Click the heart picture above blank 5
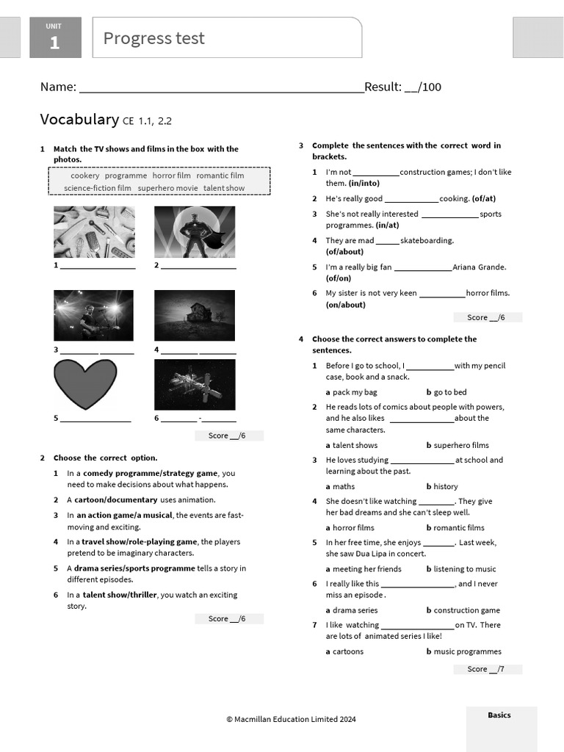pos(85,384)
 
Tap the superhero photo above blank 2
pos(195,231)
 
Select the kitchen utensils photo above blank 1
pos(94,231)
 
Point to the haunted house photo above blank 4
pos(195,315)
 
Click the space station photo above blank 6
pos(195,384)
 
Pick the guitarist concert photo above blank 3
pos(94,315)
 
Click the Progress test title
pos(154,38)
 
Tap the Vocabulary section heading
pos(79,120)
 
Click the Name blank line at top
pos(220,88)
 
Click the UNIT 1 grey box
pos(54,38)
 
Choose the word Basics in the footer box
pos(499,715)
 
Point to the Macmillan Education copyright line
pos(291,719)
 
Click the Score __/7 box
pos(487,669)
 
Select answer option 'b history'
pos(442,486)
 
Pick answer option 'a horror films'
pos(350,527)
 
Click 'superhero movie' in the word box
pos(167,188)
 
